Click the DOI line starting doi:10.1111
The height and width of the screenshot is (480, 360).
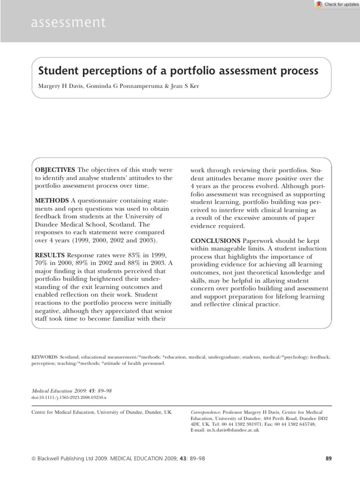click(69, 397)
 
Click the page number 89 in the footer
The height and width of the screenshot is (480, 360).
click(328, 459)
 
